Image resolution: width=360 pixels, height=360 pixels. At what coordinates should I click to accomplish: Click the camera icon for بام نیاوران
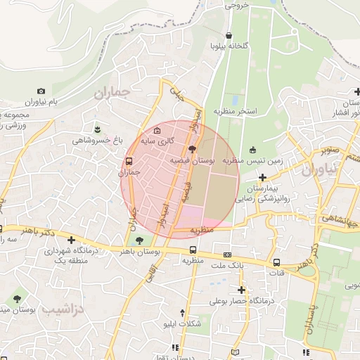(x=41, y=91)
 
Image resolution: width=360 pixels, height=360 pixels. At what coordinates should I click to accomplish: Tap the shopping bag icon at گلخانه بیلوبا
(x=229, y=35)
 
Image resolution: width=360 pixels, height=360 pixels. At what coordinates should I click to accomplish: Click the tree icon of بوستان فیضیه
(x=193, y=148)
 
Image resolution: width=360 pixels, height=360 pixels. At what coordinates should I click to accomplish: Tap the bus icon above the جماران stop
(x=128, y=161)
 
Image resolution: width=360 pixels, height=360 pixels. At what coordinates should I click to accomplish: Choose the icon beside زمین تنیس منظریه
(x=252, y=149)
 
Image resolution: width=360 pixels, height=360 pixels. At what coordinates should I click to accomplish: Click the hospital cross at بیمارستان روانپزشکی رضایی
(x=262, y=178)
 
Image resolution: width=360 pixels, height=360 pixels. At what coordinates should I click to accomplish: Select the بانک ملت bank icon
(x=227, y=255)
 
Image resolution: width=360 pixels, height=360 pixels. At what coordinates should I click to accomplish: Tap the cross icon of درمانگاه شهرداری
(x=71, y=240)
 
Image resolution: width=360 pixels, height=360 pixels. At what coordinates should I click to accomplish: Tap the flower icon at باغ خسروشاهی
(x=97, y=129)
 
